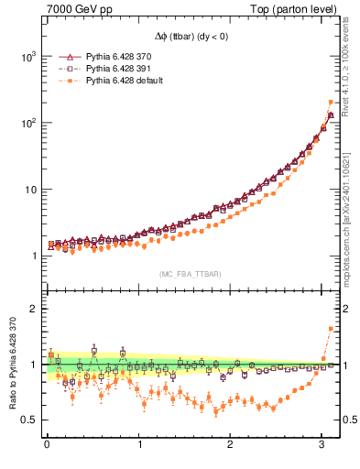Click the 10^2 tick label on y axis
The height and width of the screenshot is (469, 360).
pos(27,123)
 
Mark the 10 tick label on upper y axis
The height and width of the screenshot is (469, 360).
pos(29,190)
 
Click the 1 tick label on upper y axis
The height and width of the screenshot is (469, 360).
pos(34,256)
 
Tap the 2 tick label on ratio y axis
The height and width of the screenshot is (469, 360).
pos(34,309)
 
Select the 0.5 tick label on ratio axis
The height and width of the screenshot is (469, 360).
pos(29,420)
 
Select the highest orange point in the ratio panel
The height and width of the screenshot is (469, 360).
pos(331,328)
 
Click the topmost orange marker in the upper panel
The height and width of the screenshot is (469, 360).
pos(331,103)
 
